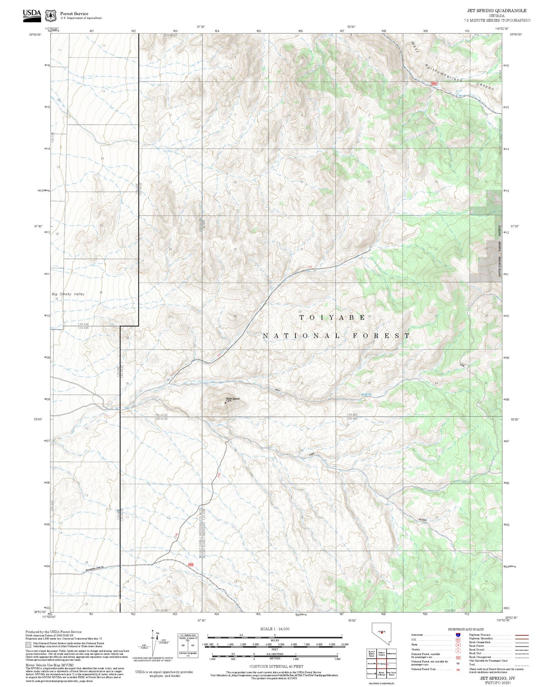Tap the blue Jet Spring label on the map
366,394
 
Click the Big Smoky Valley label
68,294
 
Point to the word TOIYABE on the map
332,317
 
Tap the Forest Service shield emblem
51,16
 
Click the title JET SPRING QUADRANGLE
496,11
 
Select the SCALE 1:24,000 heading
274,629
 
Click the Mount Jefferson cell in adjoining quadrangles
381,673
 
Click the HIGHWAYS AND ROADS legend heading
466,629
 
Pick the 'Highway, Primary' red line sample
522,635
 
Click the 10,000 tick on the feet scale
344,644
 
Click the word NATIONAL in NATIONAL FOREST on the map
301,336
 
